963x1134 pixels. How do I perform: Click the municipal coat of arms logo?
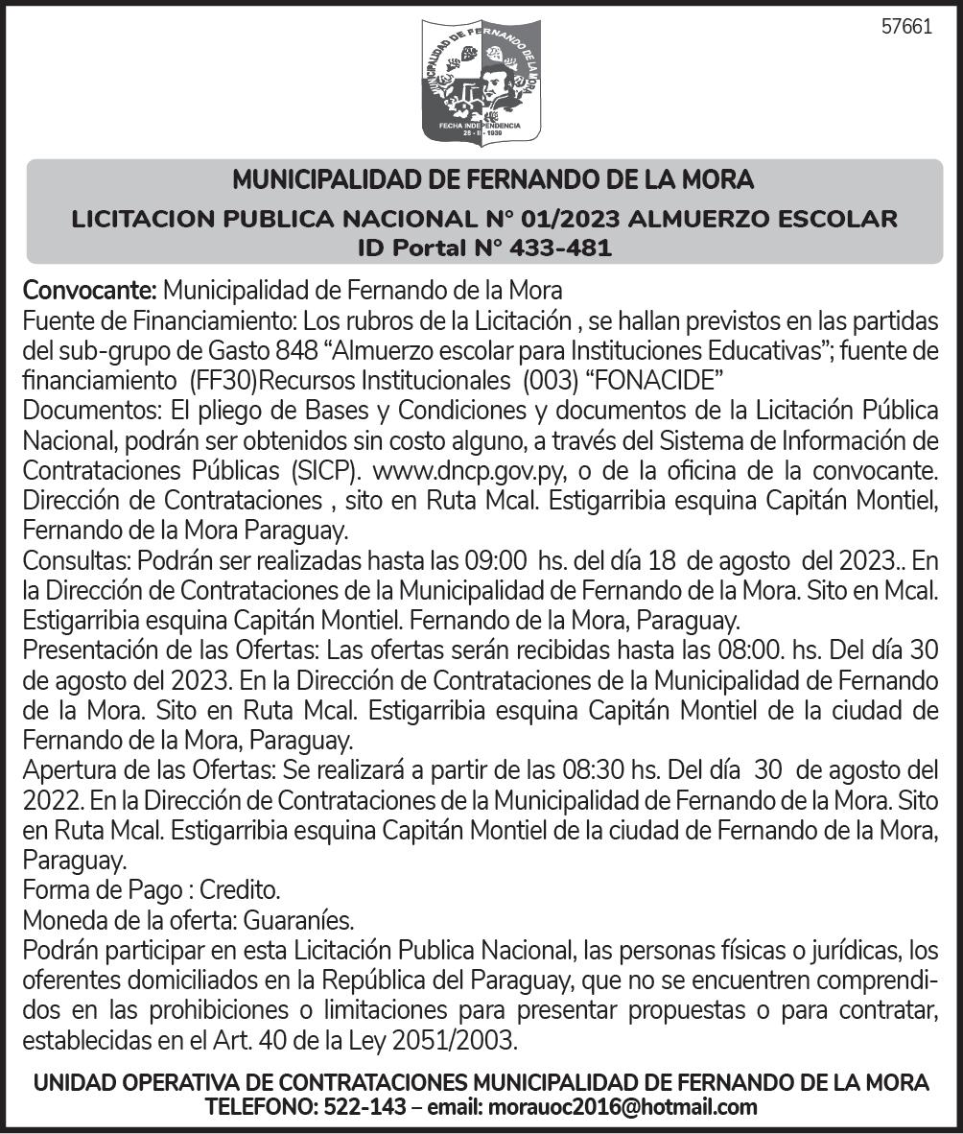coord(481,82)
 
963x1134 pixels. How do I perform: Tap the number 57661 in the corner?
coord(906,27)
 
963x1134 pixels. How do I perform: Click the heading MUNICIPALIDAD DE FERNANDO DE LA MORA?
coord(493,179)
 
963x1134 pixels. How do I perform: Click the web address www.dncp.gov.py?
coord(457,472)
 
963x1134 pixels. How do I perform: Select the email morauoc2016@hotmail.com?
coord(622,1108)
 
